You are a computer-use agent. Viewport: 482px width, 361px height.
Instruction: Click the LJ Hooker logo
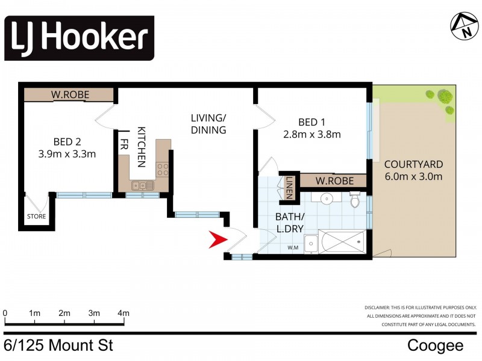(x=80, y=39)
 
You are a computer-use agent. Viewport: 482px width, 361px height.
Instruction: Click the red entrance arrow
(x=217, y=239)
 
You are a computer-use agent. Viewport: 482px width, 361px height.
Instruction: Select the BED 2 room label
(x=66, y=142)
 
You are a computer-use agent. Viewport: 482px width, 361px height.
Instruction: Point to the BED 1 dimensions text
(x=311, y=134)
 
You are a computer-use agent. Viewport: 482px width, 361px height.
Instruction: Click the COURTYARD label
(x=413, y=164)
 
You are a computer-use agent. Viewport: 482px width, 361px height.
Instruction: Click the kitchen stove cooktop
(x=163, y=169)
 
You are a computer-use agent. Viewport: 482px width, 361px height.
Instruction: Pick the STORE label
(x=35, y=216)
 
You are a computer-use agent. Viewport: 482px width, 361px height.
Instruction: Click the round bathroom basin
(x=325, y=199)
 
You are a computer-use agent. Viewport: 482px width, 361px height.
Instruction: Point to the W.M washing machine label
(x=293, y=247)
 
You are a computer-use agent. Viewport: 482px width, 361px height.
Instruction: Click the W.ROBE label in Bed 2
(x=69, y=94)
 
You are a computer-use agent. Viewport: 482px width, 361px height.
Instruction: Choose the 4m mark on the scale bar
(x=124, y=313)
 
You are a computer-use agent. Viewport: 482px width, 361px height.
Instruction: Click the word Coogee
(x=435, y=345)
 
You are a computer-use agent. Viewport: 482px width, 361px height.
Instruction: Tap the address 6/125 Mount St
(x=58, y=345)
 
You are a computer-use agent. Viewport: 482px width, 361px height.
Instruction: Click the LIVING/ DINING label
(x=208, y=123)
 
